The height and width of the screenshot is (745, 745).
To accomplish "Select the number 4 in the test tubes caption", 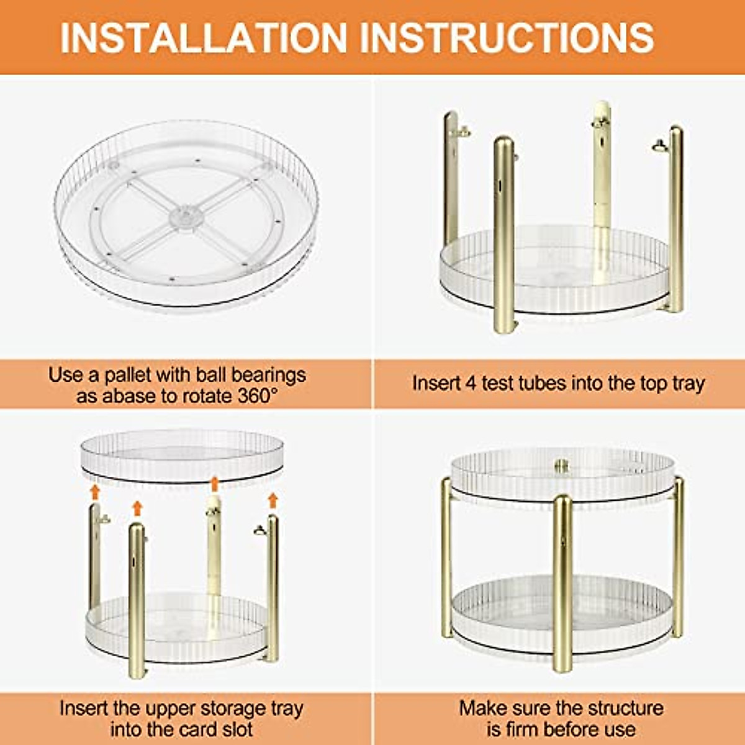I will [x=470, y=383].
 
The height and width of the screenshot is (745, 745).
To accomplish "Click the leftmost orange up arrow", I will [x=94, y=492].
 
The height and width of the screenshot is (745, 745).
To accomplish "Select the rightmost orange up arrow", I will [x=272, y=500].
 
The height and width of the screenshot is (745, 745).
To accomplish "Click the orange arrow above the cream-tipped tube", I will [x=214, y=484].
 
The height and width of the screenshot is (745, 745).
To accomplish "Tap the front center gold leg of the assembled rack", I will [x=562, y=584].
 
